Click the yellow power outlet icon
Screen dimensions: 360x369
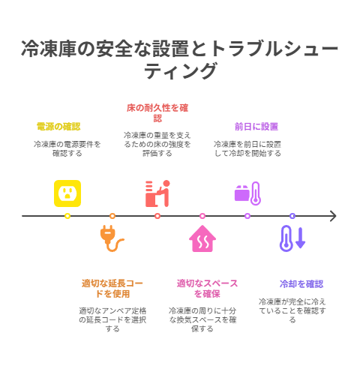click(x=67, y=193)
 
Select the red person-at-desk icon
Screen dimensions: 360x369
click(x=157, y=193)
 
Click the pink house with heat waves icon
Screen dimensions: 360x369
click(x=202, y=238)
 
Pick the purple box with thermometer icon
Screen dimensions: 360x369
click(x=247, y=193)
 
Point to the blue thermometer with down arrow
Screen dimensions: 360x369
click(x=292, y=238)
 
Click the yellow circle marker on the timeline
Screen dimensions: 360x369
click(x=67, y=216)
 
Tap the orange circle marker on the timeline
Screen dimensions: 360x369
click(x=112, y=216)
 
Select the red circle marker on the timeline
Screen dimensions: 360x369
click(x=157, y=216)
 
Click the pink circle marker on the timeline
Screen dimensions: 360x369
click(x=202, y=216)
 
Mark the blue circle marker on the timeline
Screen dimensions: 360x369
click(x=292, y=216)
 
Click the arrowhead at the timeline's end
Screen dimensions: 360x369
click(x=335, y=216)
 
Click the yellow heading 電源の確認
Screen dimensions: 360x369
click(x=58, y=127)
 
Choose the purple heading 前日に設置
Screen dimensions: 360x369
click(x=256, y=127)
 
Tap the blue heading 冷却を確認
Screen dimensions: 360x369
click(x=301, y=284)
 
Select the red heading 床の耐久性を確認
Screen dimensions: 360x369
click(x=157, y=112)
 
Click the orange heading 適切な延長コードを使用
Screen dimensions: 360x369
click(x=112, y=289)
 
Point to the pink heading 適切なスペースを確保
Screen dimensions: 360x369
click(x=207, y=289)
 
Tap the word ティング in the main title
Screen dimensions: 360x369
click(x=180, y=71)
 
